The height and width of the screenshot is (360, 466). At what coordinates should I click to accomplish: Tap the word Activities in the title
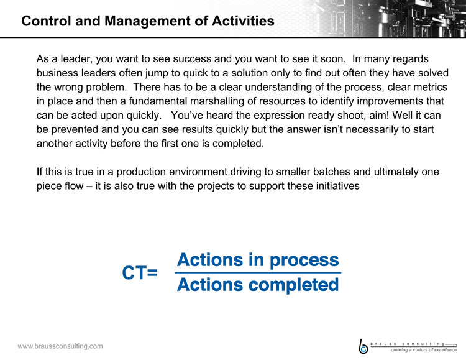tap(243, 21)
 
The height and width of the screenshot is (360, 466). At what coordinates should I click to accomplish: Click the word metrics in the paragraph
tap(430, 87)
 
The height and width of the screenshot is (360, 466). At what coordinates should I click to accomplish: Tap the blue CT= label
tap(140, 272)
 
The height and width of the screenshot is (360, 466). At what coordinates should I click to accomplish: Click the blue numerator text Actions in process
tap(258, 260)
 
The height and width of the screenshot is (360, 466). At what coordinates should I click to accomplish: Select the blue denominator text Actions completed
tap(258, 285)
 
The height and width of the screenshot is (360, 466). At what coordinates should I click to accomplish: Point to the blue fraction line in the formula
tap(258, 272)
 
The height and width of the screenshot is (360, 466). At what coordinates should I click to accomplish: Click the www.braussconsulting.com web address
tap(60, 346)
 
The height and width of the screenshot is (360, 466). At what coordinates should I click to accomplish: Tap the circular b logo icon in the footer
tap(363, 346)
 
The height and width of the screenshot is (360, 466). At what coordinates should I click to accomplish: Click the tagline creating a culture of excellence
tap(424, 350)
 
